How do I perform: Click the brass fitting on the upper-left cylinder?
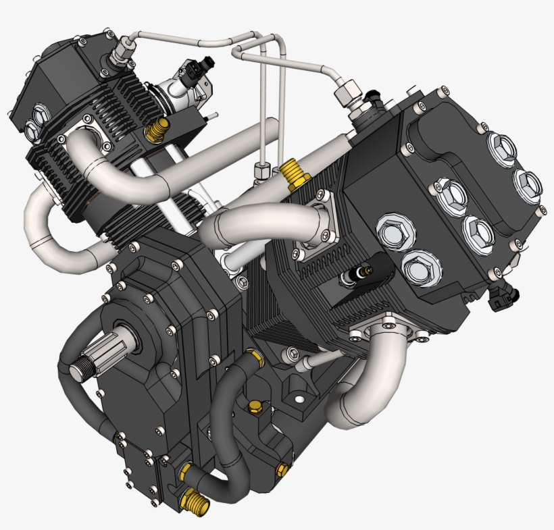click(x=157, y=127)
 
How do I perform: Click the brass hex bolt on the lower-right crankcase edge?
click(x=283, y=468)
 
